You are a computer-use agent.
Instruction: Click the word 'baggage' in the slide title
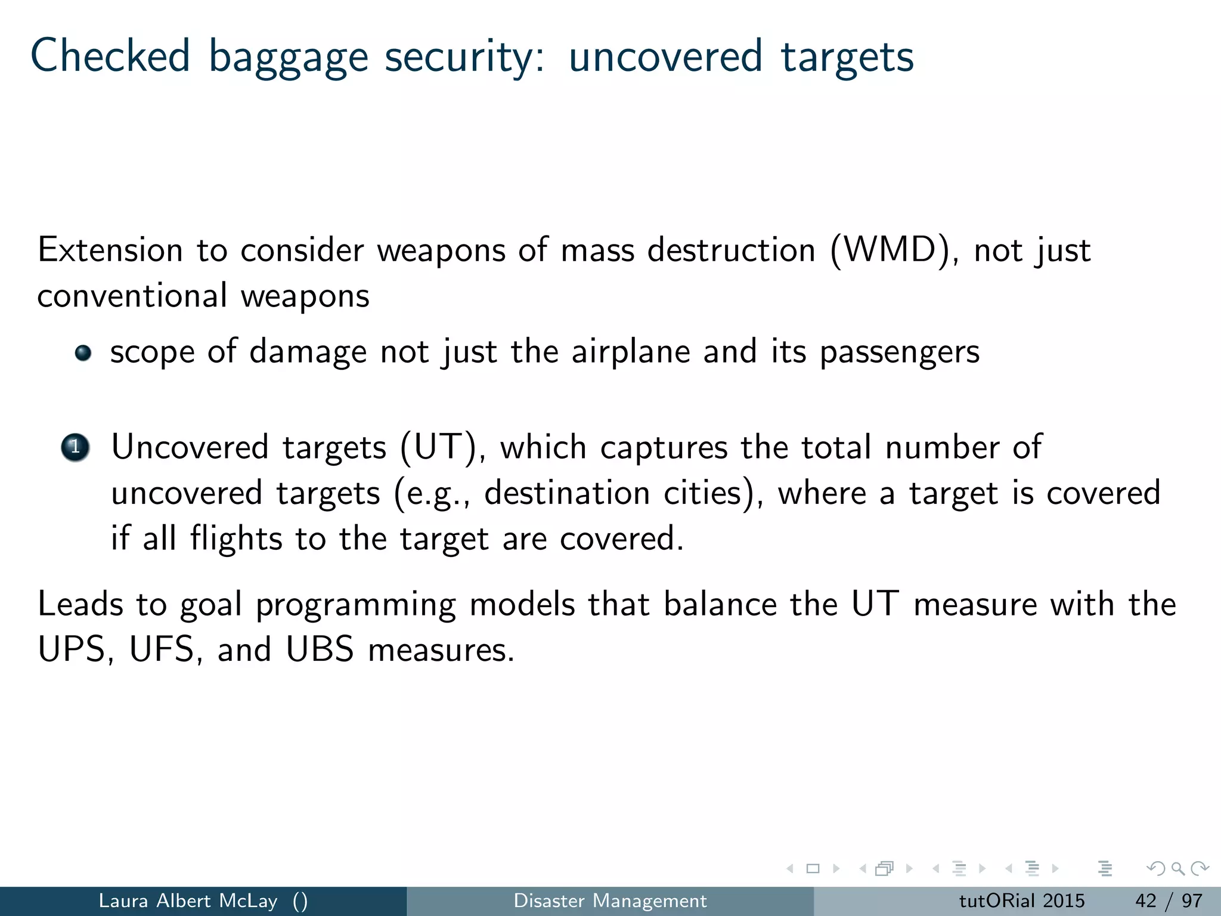click(x=288, y=57)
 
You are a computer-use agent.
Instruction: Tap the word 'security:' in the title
click(x=464, y=57)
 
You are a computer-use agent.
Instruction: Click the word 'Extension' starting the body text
click(x=110, y=250)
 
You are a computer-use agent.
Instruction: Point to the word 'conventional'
click(x=132, y=296)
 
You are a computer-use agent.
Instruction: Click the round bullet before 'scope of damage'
click(x=83, y=353)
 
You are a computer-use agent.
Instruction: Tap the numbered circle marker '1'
click(x=75, y=447)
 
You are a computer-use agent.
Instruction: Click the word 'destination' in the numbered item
click(x=566, y=493)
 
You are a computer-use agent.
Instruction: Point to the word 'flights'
click(x=236, y=539)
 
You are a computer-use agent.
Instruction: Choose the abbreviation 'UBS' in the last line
click(x=320, y=649)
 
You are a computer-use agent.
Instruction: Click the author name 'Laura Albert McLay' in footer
click(x=188, y=900)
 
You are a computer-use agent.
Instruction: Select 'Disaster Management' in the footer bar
click(x=610, y=900)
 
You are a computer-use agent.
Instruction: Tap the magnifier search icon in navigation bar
click(x=1177, y=869)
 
